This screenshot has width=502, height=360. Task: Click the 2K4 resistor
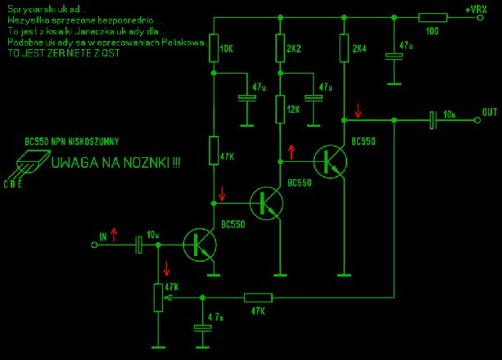coord(343,48)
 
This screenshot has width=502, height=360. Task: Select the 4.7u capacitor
coord(200,328)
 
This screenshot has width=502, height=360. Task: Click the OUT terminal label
coord(490,111)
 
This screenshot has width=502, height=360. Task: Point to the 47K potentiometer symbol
coord(156,297)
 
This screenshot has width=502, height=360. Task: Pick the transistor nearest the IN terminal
coord(200,243)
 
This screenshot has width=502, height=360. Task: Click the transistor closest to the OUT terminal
coord(332,160)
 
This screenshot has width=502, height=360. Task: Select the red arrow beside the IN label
coord(114,236)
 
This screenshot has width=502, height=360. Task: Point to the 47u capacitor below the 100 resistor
coord(395,56)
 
